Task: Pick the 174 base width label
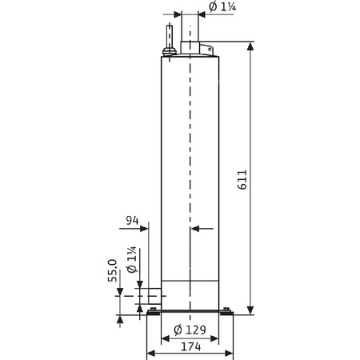[190, 348]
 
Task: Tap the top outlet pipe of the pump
[190, 32]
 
